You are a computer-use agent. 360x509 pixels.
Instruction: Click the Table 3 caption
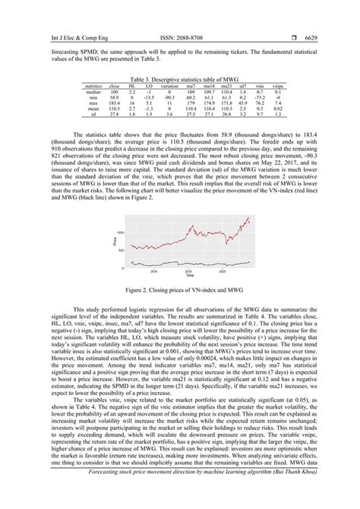[x=180, y=77]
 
